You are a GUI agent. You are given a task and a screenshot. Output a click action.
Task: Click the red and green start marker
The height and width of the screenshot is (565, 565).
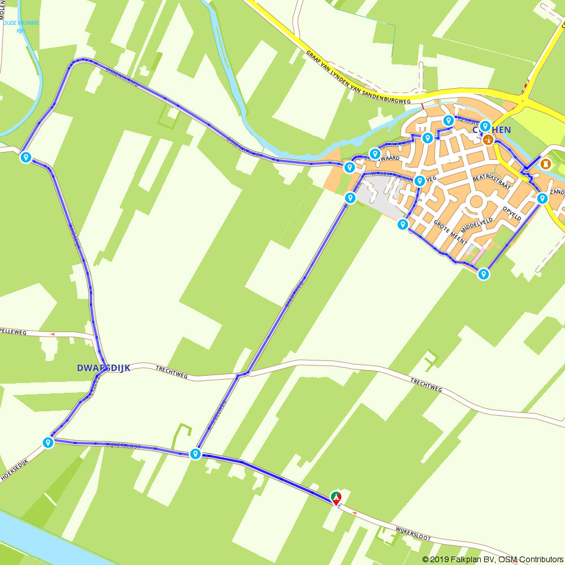click(x=336, y=498)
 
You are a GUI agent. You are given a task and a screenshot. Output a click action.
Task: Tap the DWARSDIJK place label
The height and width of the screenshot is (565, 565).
click(x=103, y=368)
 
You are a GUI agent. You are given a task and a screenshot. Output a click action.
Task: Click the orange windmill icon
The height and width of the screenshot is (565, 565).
click(x=489, y=139)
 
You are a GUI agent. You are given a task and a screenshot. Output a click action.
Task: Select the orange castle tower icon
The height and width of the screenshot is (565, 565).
click(x=546, y=164)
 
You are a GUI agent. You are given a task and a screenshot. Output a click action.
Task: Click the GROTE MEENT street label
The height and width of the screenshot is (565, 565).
click(x=450, y=232)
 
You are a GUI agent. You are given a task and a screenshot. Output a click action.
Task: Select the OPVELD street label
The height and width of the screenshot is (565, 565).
click(x=512, y=213)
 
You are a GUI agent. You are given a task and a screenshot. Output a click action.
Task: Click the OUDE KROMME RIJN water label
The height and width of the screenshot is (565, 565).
click(x=21, y=27)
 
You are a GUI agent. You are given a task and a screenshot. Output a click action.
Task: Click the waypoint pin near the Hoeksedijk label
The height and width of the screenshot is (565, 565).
click(x=48, y=442)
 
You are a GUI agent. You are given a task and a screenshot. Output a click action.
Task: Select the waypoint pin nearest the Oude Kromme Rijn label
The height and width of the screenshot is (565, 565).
click(x=25, y=157)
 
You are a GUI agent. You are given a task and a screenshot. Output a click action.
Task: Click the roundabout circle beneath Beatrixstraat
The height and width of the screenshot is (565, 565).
click(x=476, y=202)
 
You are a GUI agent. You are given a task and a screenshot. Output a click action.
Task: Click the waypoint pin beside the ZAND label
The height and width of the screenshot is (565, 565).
click(x=542, y=198)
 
